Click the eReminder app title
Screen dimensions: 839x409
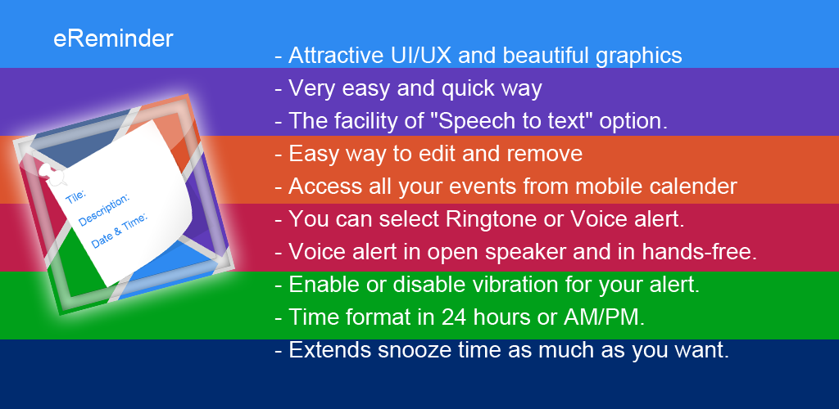(113, 39)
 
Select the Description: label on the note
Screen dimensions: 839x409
(104, 210)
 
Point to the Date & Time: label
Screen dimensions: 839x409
(120, 230)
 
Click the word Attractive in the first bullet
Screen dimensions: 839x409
(333, 56)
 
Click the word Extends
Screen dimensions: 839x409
(330, 350)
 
